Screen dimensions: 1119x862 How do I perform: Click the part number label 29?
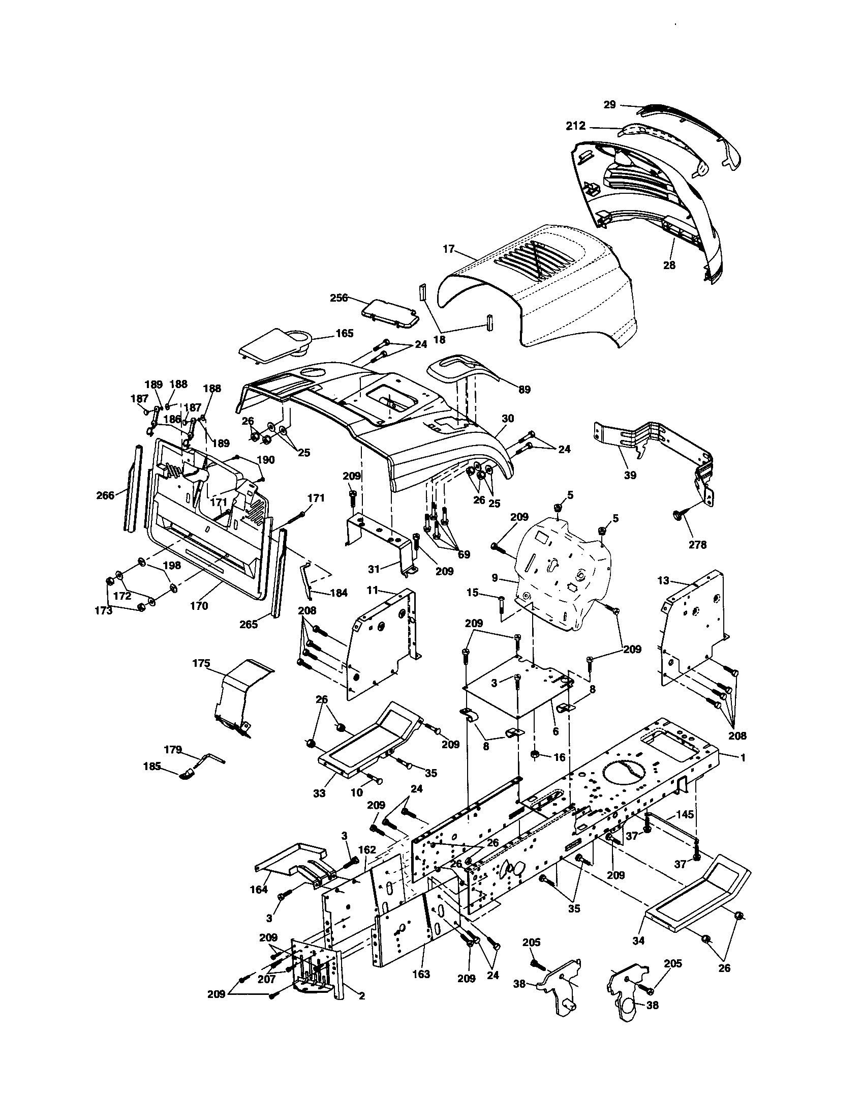tap(609, 104)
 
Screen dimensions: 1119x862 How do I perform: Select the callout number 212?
tap(576, 126)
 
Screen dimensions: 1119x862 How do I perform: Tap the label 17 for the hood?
tap(448, 249)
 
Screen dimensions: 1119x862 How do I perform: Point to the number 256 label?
tap(339, 297)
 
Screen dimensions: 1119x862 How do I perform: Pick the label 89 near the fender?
tap(524, 390)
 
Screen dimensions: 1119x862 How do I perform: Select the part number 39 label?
tap(630, 475)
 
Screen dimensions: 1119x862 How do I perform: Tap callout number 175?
tap(201, 663)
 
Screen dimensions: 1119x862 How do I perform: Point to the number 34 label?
tap(638, 940)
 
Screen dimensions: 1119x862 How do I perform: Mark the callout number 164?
tap(259, 890)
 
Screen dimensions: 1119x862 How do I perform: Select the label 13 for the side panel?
tap(663, 580)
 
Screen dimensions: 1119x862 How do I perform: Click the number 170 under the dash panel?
tap(199, 606)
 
